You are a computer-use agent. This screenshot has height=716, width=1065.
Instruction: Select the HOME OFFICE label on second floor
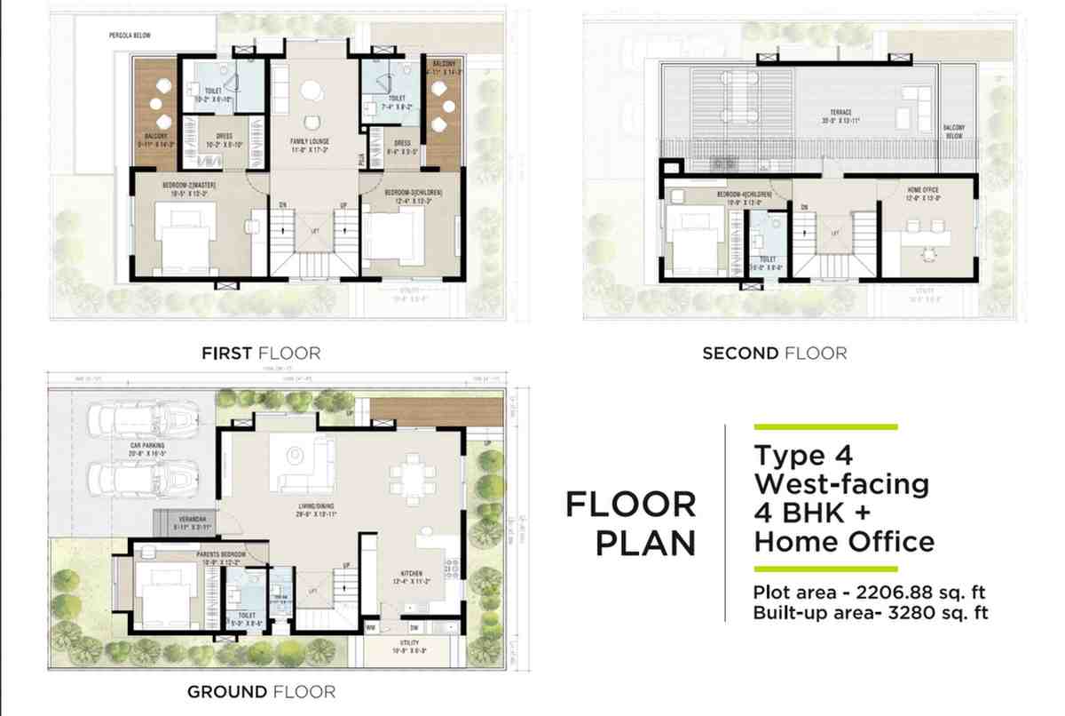924,190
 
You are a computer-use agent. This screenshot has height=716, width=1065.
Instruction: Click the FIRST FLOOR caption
261,354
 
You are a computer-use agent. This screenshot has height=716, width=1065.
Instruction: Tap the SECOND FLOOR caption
774,354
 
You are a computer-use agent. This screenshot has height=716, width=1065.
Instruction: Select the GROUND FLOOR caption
261,691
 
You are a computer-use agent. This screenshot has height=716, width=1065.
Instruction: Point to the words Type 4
803,456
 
